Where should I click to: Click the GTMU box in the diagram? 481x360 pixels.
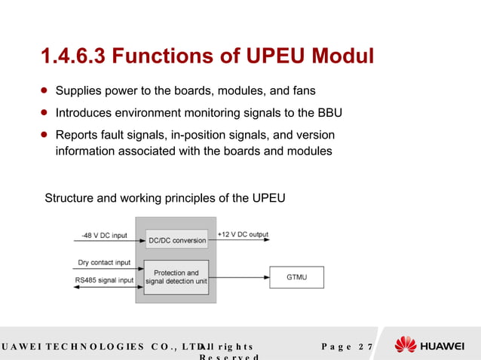pyautogui.click(x=296, y=277)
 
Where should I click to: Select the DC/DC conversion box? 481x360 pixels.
pyautogui.click(x=176, y=239)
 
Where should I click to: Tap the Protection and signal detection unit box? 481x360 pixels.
pyautogui.click(x=176, y=276)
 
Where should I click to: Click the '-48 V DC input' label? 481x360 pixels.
pyautogui.click(x=105, y=234)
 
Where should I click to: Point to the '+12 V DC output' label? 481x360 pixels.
pyautogui.click(x=243, y=234)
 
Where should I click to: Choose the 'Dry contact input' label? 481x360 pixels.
pyautogui.click(x=104, y=263)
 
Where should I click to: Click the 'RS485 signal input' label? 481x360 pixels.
pyautogui.click(x=106, y=280)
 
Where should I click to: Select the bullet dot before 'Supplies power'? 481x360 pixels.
pyautogui.click(x=44, y=90)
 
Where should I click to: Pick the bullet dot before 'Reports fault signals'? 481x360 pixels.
pyautogui.click(x=44, y=135)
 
